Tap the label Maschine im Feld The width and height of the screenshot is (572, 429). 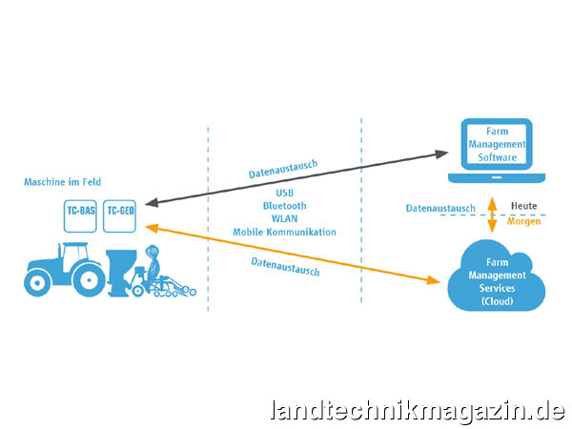click(x=63, y=181)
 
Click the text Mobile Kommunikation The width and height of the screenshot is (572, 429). click(x=284, y=232)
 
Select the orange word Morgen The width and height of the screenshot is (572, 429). click(x=525, y=222)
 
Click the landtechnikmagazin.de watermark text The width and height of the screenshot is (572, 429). click(x=418, y=411)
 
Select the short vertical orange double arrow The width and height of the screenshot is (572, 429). click(x=493, y=215)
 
